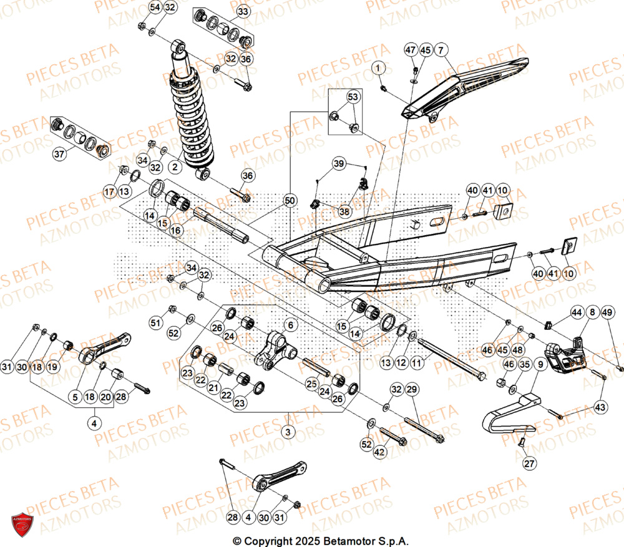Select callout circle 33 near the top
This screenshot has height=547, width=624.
(243, 12)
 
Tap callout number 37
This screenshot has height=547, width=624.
(59, 154)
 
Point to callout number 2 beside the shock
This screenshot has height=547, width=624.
(175, 167)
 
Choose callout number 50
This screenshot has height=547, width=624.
(289, 200)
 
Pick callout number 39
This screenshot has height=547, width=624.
(338, 164)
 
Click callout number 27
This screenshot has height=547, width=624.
(529, 463)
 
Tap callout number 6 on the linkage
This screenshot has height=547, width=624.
(290, 324)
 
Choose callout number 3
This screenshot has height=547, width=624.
(288, 431)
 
